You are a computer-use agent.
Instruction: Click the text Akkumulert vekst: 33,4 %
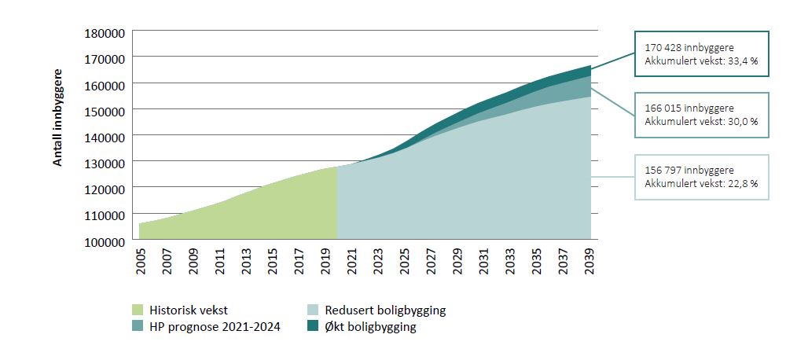click(x=700, y=61)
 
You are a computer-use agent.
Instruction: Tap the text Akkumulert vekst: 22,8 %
click(x=700, y=184)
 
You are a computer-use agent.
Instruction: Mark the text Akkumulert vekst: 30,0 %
click(x=700, y=121)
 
